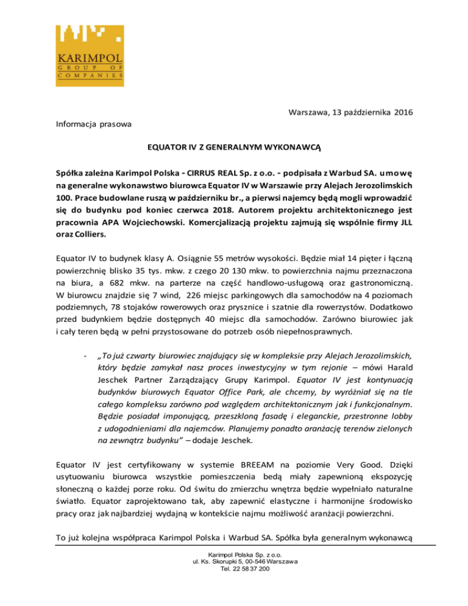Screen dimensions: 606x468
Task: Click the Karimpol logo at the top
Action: (x=91, y=53)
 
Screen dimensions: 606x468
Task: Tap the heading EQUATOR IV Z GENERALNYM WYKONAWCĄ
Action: (x=233, y=147)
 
